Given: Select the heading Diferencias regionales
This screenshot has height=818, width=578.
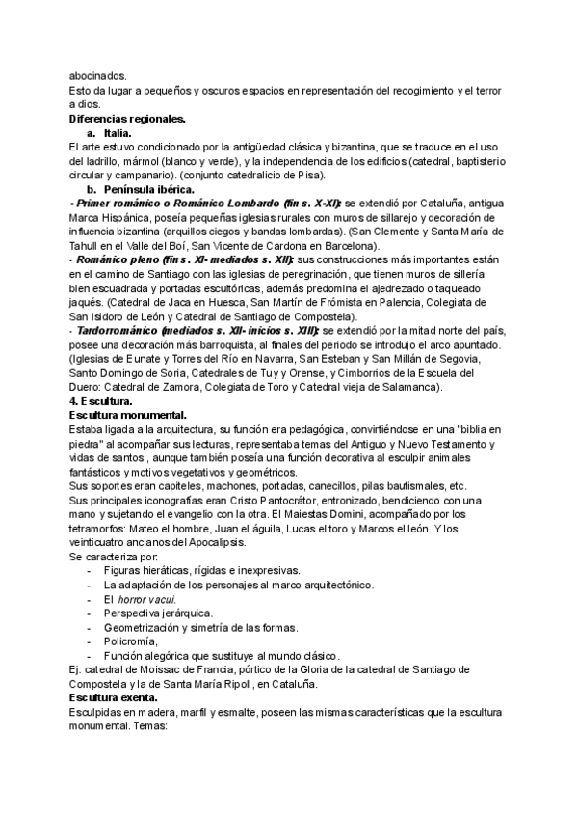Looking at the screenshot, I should pyautogui.click(x=128, y=118).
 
